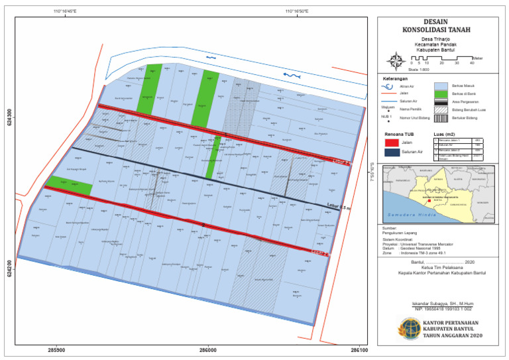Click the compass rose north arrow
[396, 61]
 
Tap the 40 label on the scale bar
[473, 64]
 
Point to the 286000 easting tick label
[207, 349]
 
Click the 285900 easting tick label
[57, 349]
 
